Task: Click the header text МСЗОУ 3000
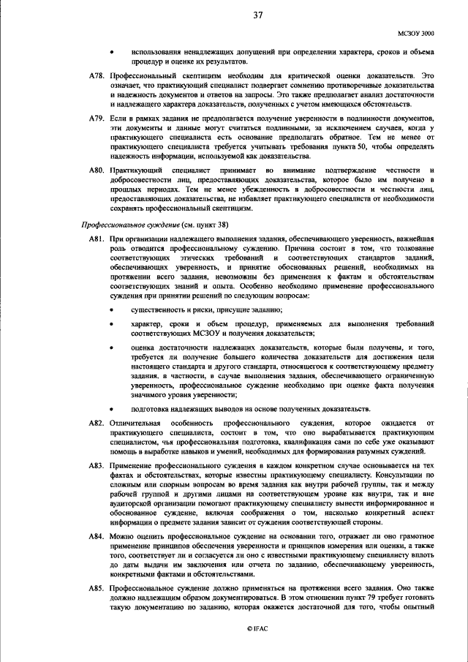pyautogui.click(x=416, y=34)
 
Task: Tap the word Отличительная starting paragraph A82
pyautogui.click(x=135, y=424)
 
